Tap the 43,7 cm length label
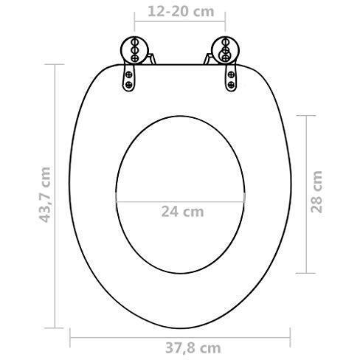(46, 193)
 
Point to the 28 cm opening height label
(317, 192)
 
